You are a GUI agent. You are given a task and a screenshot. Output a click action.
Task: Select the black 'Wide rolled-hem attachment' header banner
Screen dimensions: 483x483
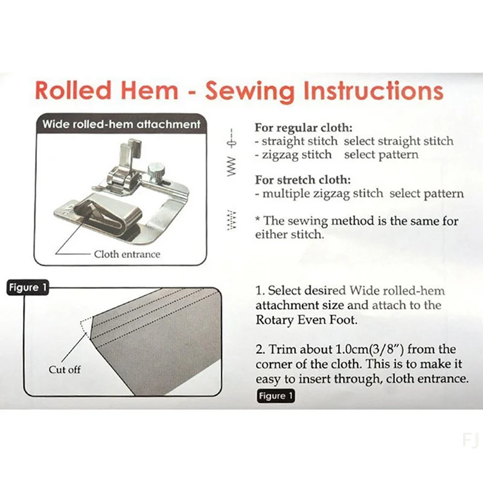[x=121, y=124]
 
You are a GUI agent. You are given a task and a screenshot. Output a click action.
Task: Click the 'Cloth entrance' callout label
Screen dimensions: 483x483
[x=127, y=254]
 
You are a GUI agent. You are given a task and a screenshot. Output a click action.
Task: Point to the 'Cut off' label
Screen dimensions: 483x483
[x=65, y=369]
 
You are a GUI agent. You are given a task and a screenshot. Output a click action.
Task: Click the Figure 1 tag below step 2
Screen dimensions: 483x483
[x=275, y=396]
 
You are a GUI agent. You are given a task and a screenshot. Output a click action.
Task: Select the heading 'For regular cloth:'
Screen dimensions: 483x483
[x=304, y=128]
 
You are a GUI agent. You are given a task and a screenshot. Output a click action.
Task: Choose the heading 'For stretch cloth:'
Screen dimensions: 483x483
[x=302, y=180]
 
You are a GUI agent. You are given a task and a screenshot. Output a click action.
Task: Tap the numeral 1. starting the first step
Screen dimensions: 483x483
[x=260, y=290]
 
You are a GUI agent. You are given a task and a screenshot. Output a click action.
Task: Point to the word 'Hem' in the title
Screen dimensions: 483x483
[x=152, y=90]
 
